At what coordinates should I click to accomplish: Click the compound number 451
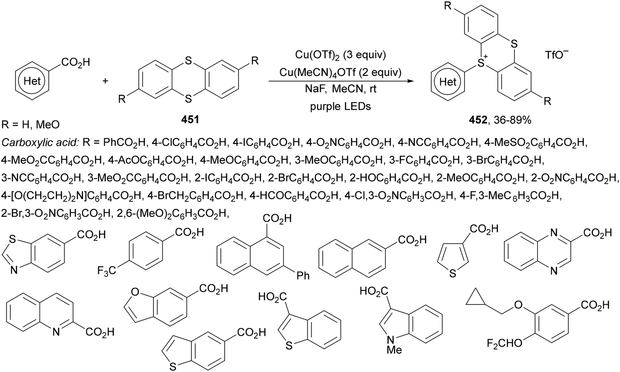[190, 120]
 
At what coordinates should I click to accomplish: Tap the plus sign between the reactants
[106, 81]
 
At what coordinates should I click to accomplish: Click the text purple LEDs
[340, 106]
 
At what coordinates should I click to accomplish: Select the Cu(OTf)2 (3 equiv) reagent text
[341, 55]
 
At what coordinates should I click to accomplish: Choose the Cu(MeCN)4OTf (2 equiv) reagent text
[340, 72]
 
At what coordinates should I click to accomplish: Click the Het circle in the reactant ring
[32, 81]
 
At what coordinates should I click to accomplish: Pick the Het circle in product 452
[448, 82]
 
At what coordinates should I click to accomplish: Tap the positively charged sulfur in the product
[482, 62]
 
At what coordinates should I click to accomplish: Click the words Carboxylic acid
[41, 143]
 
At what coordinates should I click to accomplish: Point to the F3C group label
[106, 270]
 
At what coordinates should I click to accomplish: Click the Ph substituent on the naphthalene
[303, 275]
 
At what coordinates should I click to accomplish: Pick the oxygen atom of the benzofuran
[135, 292]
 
